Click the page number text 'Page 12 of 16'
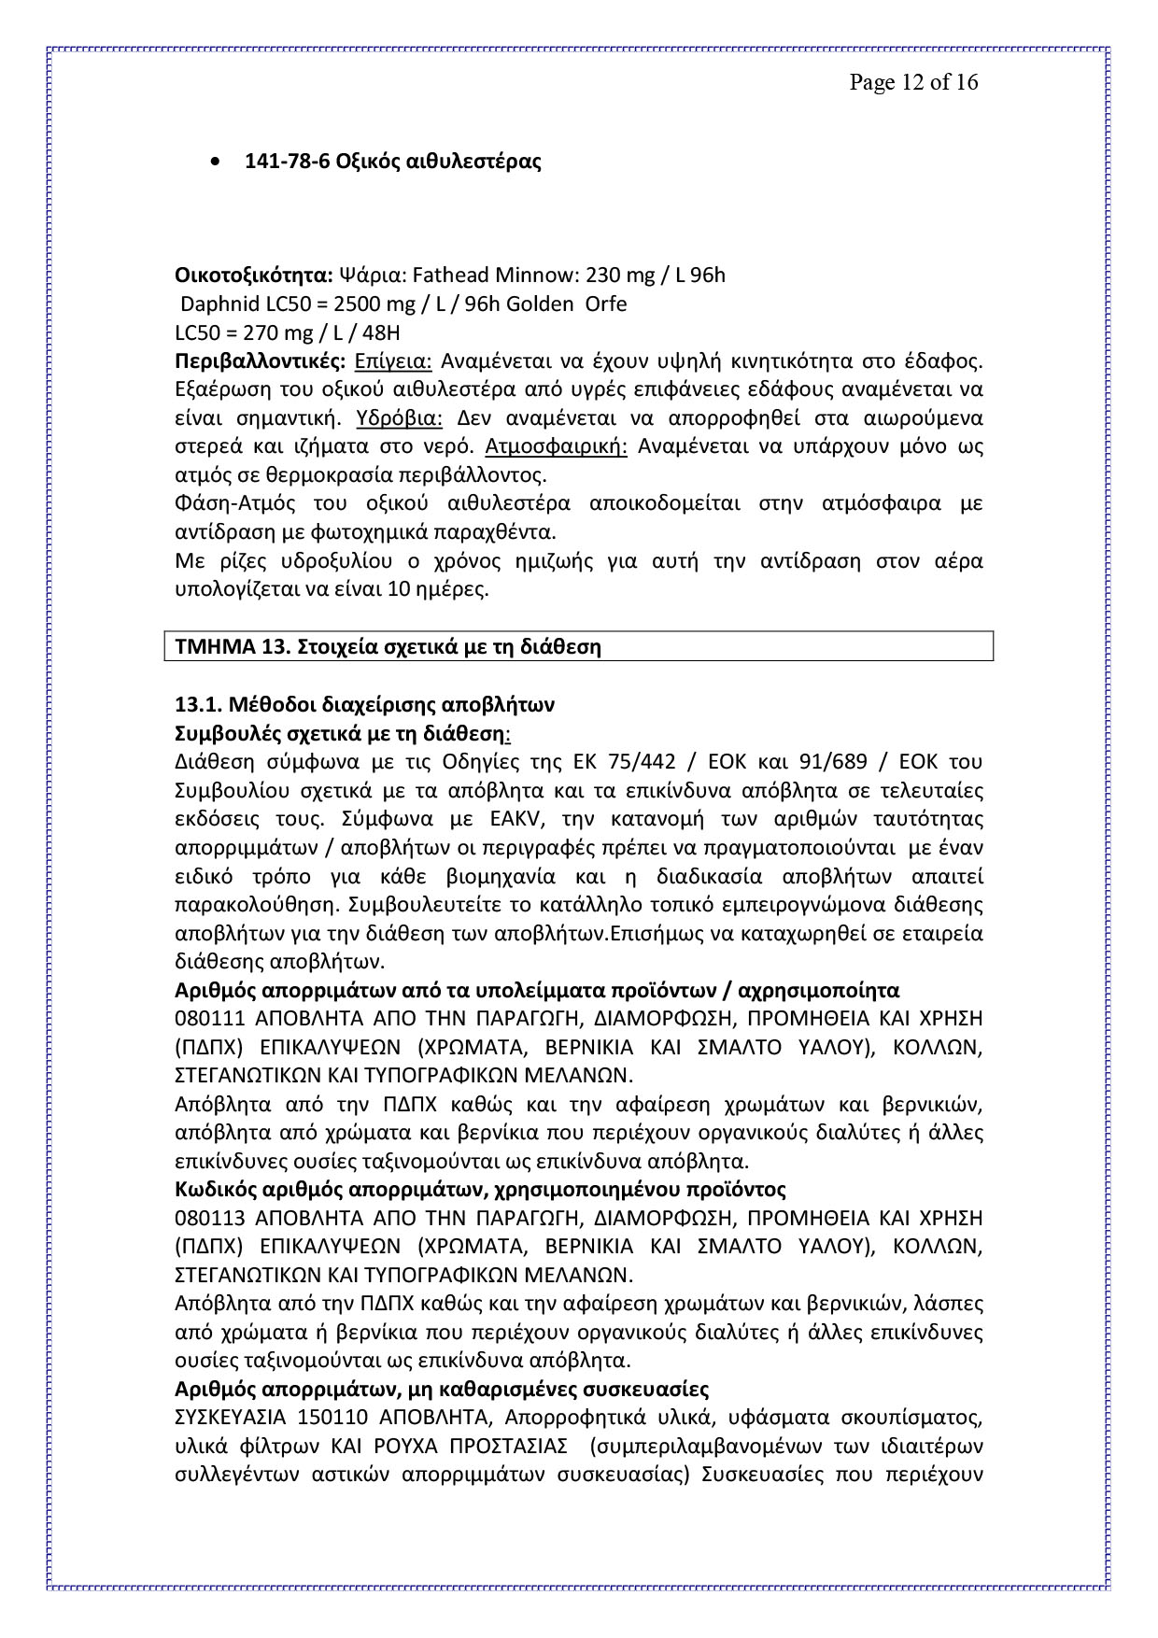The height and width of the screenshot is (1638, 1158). pyautogui.click(x=913, y=82)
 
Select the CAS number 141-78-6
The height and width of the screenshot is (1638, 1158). pyautogui.click(x=279, y=162)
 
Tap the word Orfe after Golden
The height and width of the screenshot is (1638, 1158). pyautogui.click(x=605, y=304)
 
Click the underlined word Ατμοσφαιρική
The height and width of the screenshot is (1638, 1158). pyautogui.click(x=557, y=446)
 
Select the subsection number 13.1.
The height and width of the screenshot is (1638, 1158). pyautogui.click(x=197, y=704)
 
